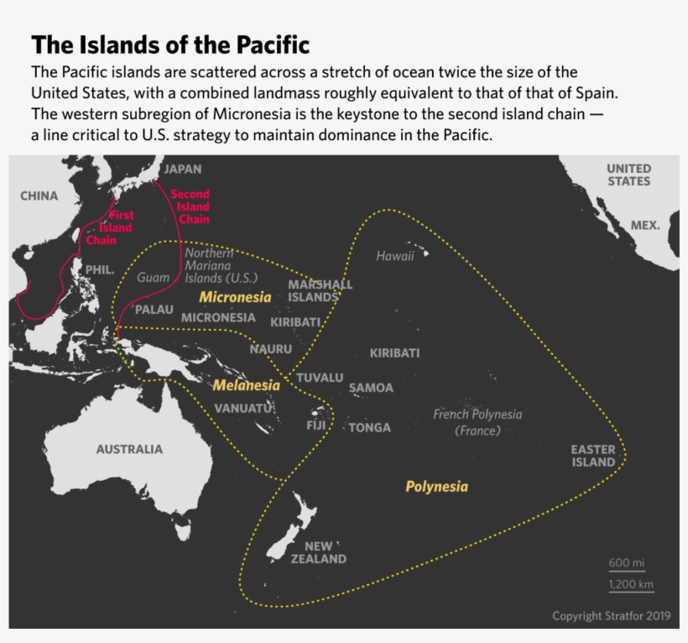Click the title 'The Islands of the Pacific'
170,44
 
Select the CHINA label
39,196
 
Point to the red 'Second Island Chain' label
190,206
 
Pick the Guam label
153,277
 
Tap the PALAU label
154,310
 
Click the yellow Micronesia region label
235,297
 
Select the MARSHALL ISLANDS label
320,290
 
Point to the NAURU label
270,348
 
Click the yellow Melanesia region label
246,385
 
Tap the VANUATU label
243,409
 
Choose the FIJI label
316,426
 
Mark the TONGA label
370,428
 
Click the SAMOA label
371,388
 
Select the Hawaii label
395,256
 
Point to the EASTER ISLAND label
593,456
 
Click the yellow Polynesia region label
436,487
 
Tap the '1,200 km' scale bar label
631,585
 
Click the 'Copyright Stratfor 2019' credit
611,616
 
